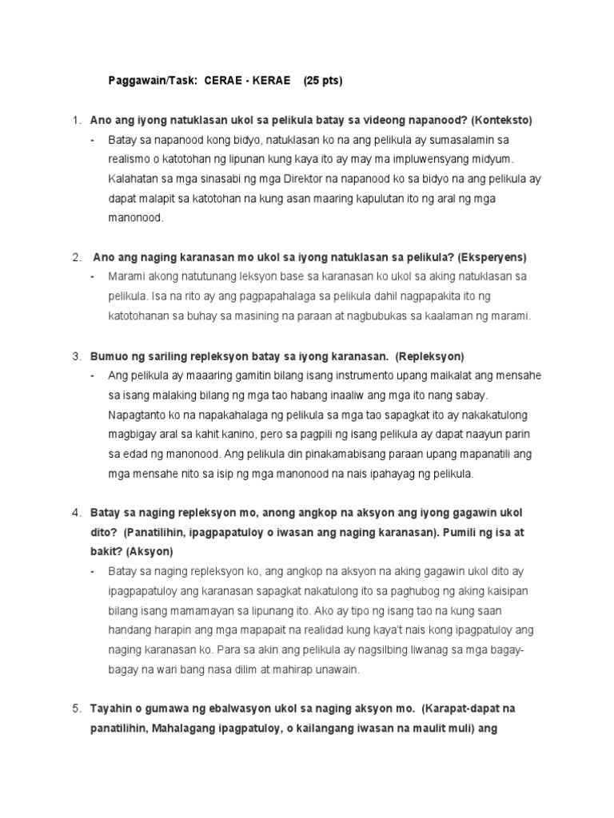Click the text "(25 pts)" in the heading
pos(322,81)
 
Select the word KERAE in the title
pos(273,81)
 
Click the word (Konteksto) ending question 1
pos(501,120)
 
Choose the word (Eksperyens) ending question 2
pos(492,257)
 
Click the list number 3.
pos(77,355)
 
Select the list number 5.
pos(77,709)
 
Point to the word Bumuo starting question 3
pos(110,355)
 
